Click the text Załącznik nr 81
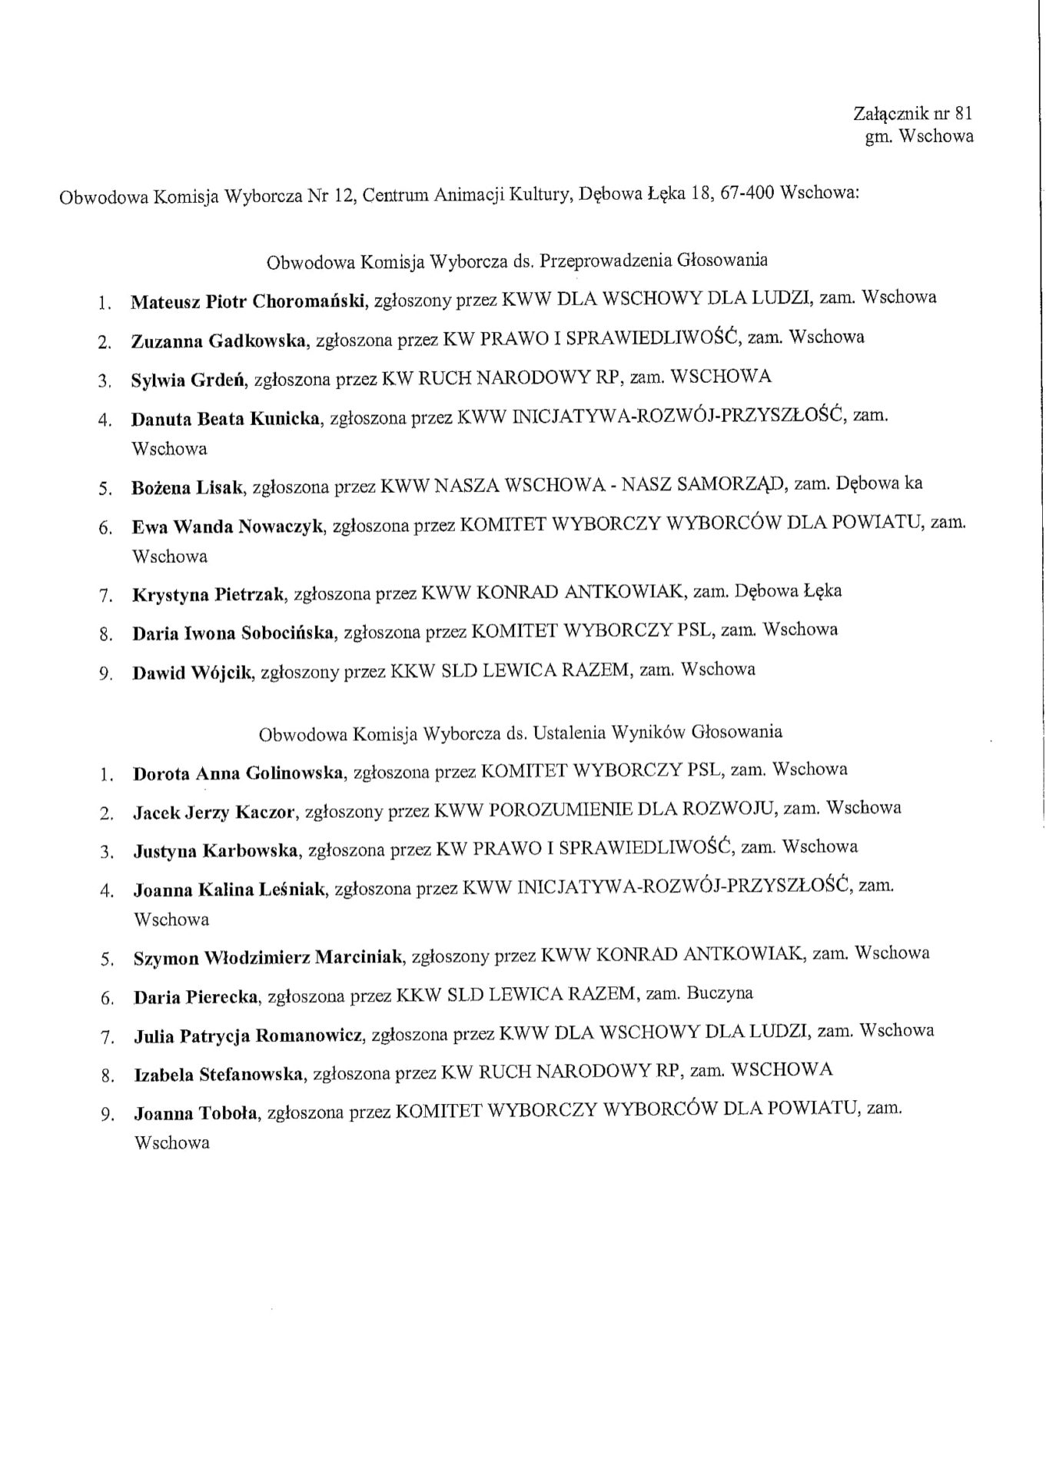pos(913,115)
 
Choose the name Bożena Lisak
pos(188,487)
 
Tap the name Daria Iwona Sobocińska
pos(234,634)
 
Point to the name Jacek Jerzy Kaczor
pos(215,812)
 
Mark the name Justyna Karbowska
pos(217,851)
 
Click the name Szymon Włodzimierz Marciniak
pos(268,958)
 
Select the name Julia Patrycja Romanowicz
pos(248,1036)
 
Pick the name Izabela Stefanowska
pos(219,1075)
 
